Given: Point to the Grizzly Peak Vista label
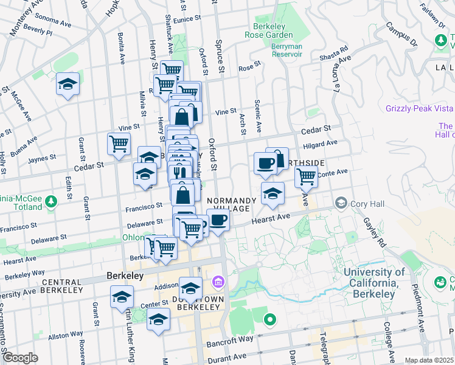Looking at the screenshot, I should coord(420,108).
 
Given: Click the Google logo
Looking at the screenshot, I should coord(20,358).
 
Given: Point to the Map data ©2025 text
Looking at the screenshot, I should coord(429,360).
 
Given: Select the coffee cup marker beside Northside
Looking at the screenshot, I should coord(265,163).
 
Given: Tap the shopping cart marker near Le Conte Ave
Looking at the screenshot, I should coord(306,176).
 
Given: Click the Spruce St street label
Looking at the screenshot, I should coord(220,50).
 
